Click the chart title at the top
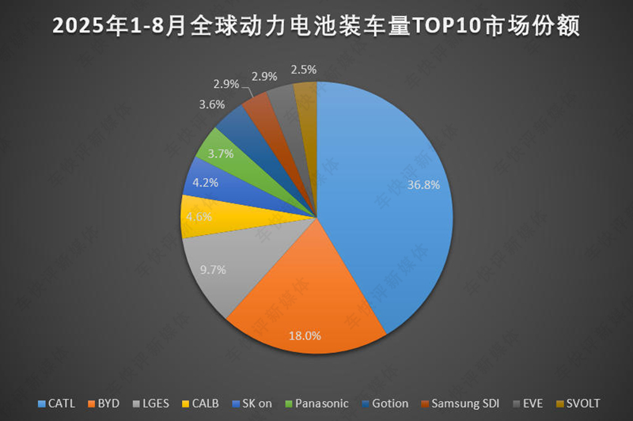point(316,27)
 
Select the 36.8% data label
point(423,184)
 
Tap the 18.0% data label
point(305,336)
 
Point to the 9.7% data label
point(213,269)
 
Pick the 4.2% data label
point(206,181)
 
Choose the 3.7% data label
point(220,154)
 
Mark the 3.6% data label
point(212,104)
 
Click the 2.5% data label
point(304,70)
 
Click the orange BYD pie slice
point(309,293)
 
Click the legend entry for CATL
point(58,404)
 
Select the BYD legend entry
point(105,404)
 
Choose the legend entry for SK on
point(252,404)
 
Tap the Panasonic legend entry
point(316,404)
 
